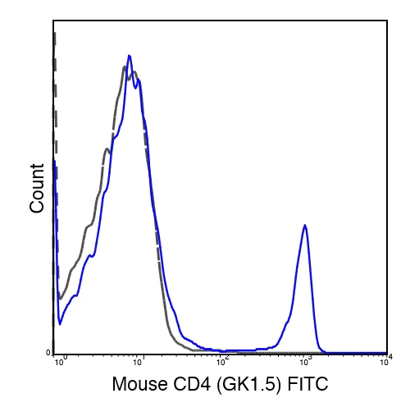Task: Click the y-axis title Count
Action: pyautogui.click(x=37, y=188)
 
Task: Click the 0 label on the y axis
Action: pyautogui.click(x=48, y=353)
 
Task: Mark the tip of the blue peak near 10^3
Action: pyautogui.click(x=305, y=224)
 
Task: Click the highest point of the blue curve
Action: pyautogui.click(x=129, y=56)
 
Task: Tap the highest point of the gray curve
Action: pyautogui.click(x=124, y=67)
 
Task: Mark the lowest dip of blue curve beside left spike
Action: pyautogui.click(x=60, y=323)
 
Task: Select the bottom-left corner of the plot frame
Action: pyautogui.click(x=53, y=353)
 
